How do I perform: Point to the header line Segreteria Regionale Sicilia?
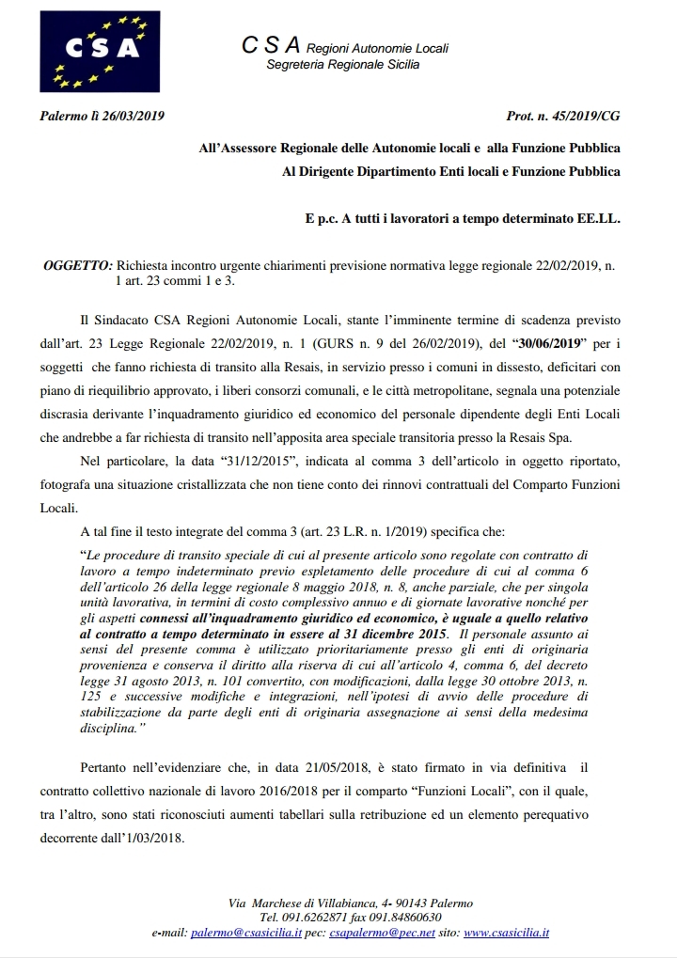pos(343,64)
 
